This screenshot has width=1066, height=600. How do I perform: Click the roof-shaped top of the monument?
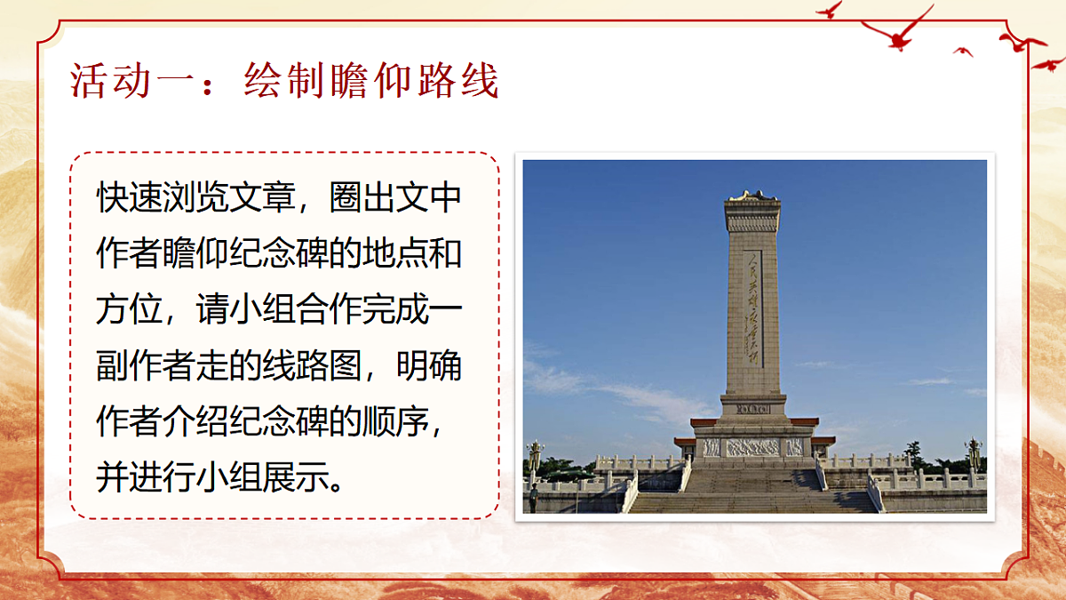(x=752, y=196)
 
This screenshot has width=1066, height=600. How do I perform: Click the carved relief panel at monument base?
(x=752, y=447)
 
